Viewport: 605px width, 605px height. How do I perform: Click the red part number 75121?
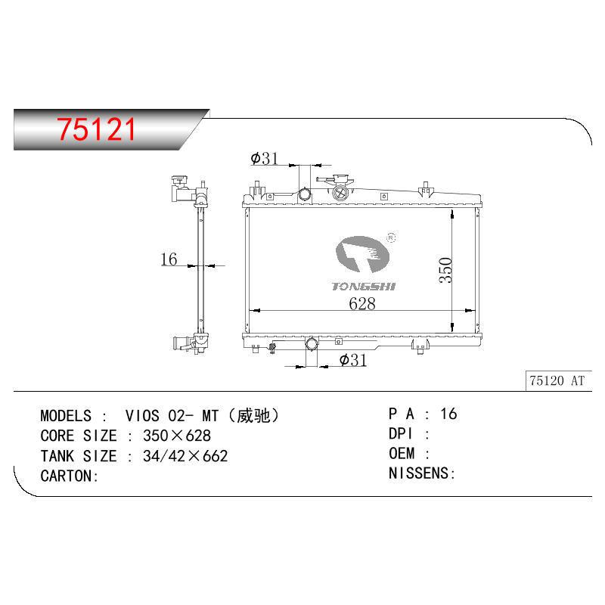click(x=96, y=129)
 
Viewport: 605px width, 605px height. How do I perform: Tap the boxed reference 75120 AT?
click(x=557, y=381)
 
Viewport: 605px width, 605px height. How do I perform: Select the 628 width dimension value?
click(x=362, y=304)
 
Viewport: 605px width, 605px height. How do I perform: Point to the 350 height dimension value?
click(x=445, y=270)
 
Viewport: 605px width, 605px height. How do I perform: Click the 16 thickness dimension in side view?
click(x=169, y=259)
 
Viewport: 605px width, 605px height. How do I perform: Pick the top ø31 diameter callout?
click(x=264, y=158)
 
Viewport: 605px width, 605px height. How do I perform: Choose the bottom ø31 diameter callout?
click(x=353, y=360)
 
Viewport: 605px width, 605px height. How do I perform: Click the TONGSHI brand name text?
click(x=364, y=287)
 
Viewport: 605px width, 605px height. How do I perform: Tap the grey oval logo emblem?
click(x=362, y=254)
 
